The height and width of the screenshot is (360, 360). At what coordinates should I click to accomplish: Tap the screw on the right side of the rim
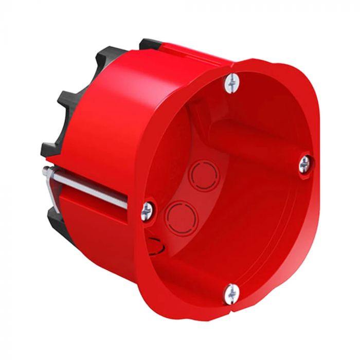304,164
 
